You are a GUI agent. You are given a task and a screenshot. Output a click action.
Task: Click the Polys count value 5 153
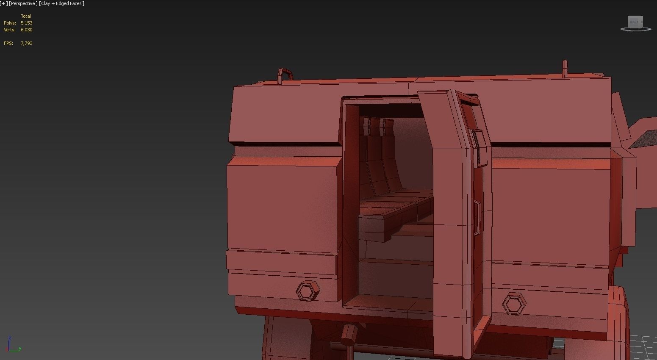[26, 23]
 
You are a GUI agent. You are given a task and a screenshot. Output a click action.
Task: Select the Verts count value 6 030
[26, 30]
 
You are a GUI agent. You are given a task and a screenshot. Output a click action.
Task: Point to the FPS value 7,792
[26, 43]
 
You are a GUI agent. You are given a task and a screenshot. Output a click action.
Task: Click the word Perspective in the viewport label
[23, 3]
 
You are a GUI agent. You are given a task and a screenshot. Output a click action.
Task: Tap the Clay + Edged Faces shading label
[62, 3]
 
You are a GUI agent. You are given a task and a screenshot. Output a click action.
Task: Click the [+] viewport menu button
[4, 3]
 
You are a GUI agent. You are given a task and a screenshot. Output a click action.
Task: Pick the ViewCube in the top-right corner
[635, 23]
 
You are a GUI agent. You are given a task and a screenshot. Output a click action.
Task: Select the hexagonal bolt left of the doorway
[308, 291]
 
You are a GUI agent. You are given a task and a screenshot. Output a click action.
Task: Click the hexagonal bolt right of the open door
[514, 304]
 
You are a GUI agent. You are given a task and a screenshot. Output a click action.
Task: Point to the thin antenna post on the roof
[565, 69]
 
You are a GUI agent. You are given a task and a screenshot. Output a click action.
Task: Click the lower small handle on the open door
[477, 217]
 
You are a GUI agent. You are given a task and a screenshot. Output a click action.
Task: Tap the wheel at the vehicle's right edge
[619, 322]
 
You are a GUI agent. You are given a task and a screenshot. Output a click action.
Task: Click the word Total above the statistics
[26, 16]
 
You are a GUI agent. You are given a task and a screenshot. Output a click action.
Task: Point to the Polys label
[10, 23]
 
